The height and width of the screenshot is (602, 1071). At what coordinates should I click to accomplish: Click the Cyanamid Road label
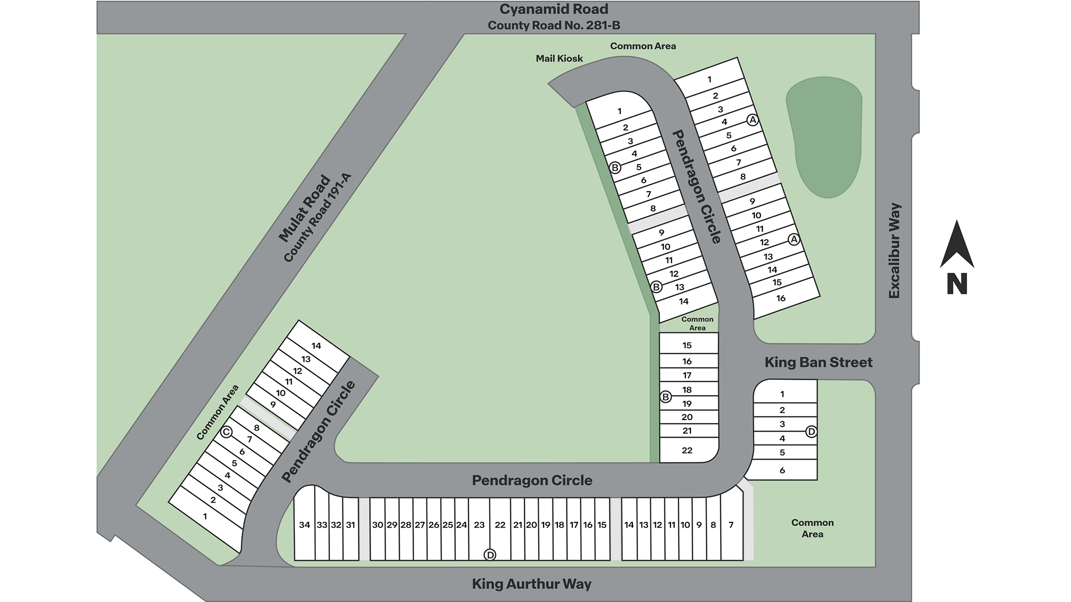point(553,9)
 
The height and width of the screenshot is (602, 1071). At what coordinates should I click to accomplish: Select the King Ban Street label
point(818,362)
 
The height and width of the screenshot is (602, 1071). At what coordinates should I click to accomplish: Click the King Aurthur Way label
point(531,584)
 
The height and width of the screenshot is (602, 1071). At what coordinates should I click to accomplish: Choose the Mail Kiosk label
point(559,59)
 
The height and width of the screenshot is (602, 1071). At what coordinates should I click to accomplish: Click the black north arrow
point(957,245)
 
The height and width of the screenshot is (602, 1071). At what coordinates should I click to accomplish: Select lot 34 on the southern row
point(304,525)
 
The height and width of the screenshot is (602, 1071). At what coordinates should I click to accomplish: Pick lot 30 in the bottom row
point(377,525)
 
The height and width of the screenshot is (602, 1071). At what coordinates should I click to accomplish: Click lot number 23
point(479,525)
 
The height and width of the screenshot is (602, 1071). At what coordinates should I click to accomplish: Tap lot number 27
point(420,525)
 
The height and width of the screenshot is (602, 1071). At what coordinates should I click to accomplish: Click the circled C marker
point(226,432)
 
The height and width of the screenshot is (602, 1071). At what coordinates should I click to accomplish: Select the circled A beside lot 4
point(752,120)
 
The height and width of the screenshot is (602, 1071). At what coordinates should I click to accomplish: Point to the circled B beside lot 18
point(666,397)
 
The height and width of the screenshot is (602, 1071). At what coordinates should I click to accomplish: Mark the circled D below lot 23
point(490,555)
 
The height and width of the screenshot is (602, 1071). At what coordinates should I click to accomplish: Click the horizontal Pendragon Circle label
point(532,480)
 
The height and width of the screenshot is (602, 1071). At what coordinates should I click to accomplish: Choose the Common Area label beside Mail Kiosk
point(643,46)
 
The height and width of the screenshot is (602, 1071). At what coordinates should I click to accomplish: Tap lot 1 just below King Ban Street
point(782,394)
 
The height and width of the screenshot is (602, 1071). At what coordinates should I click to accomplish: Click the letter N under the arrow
point(957,284)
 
